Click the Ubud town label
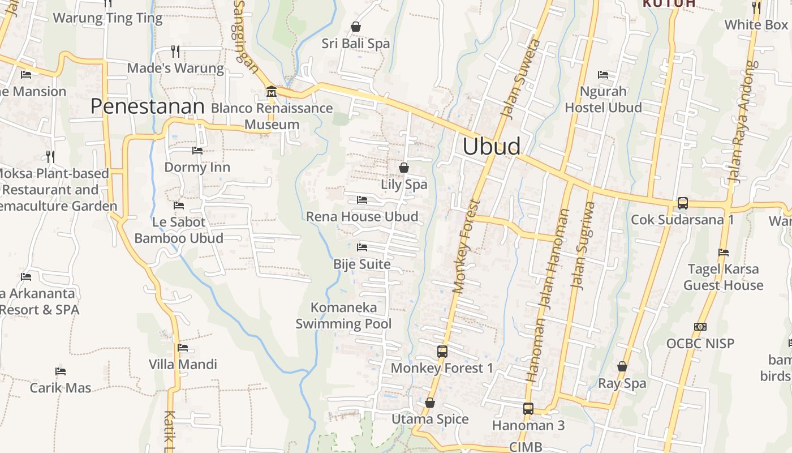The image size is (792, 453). click(x=492, y=146)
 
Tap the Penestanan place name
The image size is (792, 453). click(x=147, y=106)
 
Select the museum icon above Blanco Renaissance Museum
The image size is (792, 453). click(x=272, y=91)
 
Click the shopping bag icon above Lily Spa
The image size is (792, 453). click(x=404, y=168)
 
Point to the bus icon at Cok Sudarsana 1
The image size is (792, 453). click(x=683, y=203)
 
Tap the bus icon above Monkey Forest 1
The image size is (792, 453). click(x=442, y=352)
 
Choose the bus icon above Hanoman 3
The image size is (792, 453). click(x=528, y=409)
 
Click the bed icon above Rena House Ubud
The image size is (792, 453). click(x=362, y=200)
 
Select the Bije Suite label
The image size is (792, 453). click(x=362, y=264)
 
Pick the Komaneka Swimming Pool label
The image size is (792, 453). click(x=343, y=316)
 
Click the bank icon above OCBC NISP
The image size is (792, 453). click(x=700, y=327)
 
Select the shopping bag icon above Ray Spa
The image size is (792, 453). click(x=622, y=367)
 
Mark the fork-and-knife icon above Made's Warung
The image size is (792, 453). click(x=175, y=52)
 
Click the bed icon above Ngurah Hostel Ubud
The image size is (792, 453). click(x=603, y=75)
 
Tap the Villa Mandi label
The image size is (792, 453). click(x=183, y=364)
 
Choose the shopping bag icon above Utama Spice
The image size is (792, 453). click(x=430, y=403)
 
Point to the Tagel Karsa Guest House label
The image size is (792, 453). click(x=724, y=277)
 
